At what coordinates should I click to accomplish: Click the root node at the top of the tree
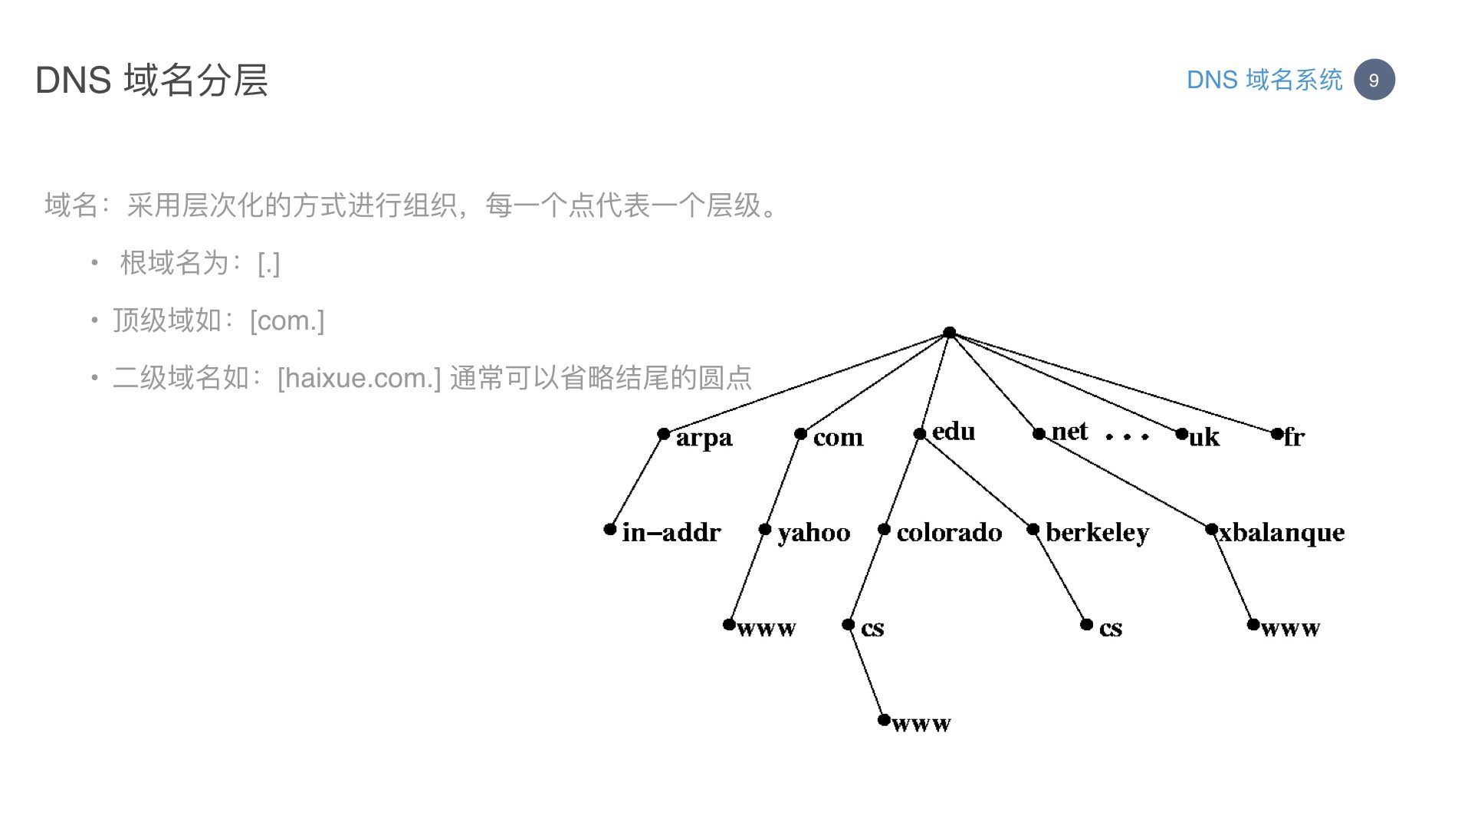click(x=949, y=333)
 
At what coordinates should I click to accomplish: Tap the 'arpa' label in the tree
click(x=704, y=439)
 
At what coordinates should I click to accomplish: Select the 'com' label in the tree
click(x=838, y=438)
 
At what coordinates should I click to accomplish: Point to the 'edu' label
click(x=954, y=432)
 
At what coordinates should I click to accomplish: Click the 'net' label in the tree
click(x=1069, y=432)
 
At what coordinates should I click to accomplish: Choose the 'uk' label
click(x=1203, y=437)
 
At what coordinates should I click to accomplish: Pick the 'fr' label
click(x=1294, y=437)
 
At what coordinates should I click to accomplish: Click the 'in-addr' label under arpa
click(x=671, y=532)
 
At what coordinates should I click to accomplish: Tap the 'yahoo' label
click(x=814, y=533)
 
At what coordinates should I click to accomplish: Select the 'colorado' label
click(x=949, y=532)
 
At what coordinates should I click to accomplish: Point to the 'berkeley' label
click(x=1097, y=533)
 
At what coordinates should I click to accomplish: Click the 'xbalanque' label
click(x=1282, y=533)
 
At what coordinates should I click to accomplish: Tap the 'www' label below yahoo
click(x=767, y=629)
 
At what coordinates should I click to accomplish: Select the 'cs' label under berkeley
click(x=1111, y=629)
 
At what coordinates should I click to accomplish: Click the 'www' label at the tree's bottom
click(x=921, y=724)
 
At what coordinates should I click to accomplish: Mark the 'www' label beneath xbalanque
click(x=1291, y=629)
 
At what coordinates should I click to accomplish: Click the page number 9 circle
click(x=1374, y=80)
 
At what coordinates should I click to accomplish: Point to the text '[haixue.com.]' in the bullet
click(x=360, y=378)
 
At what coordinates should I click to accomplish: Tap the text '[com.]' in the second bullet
click(x=287, y=320)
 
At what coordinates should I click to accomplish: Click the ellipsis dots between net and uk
click(x=1127, y=437)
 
